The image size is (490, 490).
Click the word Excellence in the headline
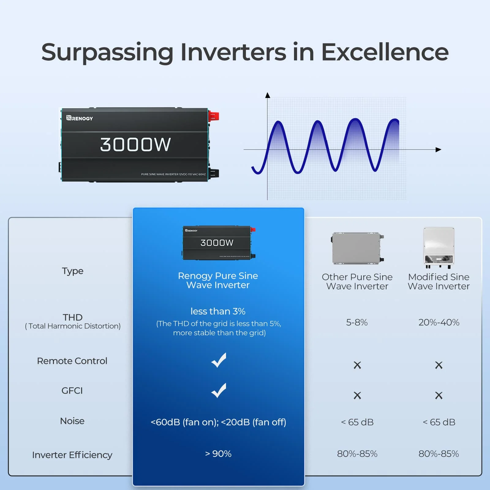[385, 52]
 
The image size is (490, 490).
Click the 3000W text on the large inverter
[135, 145]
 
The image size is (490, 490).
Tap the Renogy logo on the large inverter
[80, 118]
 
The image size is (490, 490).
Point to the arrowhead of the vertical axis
[268, 95]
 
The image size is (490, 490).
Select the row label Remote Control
[72, 361]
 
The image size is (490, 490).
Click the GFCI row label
[72, 390]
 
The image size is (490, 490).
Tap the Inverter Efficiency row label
[72, 455]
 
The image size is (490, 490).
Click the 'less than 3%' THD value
[218, 311]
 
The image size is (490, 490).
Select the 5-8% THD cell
[357, 322]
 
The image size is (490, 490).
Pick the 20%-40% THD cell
[439, 322]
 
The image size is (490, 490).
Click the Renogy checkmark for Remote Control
[219, 360]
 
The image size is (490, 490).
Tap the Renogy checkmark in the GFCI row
[219, 390]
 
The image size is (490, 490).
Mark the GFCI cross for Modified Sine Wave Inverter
[439, 395]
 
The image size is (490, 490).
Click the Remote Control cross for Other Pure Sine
[357, 365]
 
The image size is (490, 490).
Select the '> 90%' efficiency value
[218, 454]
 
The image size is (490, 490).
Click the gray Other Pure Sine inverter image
[357, 248]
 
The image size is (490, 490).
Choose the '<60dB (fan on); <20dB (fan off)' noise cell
[218, 422]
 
